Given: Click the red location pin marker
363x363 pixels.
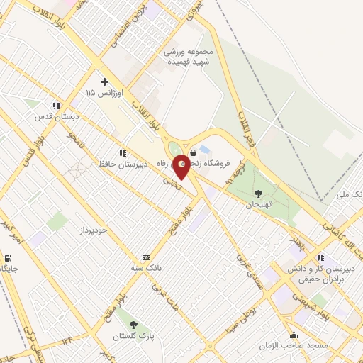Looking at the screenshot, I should [182, 166].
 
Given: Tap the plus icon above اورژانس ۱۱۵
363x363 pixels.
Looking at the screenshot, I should [105, 81].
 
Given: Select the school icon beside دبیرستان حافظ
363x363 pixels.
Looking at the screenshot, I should [123, 153].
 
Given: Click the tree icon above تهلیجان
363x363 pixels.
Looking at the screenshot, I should [257, 193].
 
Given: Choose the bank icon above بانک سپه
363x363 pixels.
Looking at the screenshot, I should [146, 257].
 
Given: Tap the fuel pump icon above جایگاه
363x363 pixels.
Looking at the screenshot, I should [8, 259].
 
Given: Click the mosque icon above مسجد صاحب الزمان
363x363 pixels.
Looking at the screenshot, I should [294, 335].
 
